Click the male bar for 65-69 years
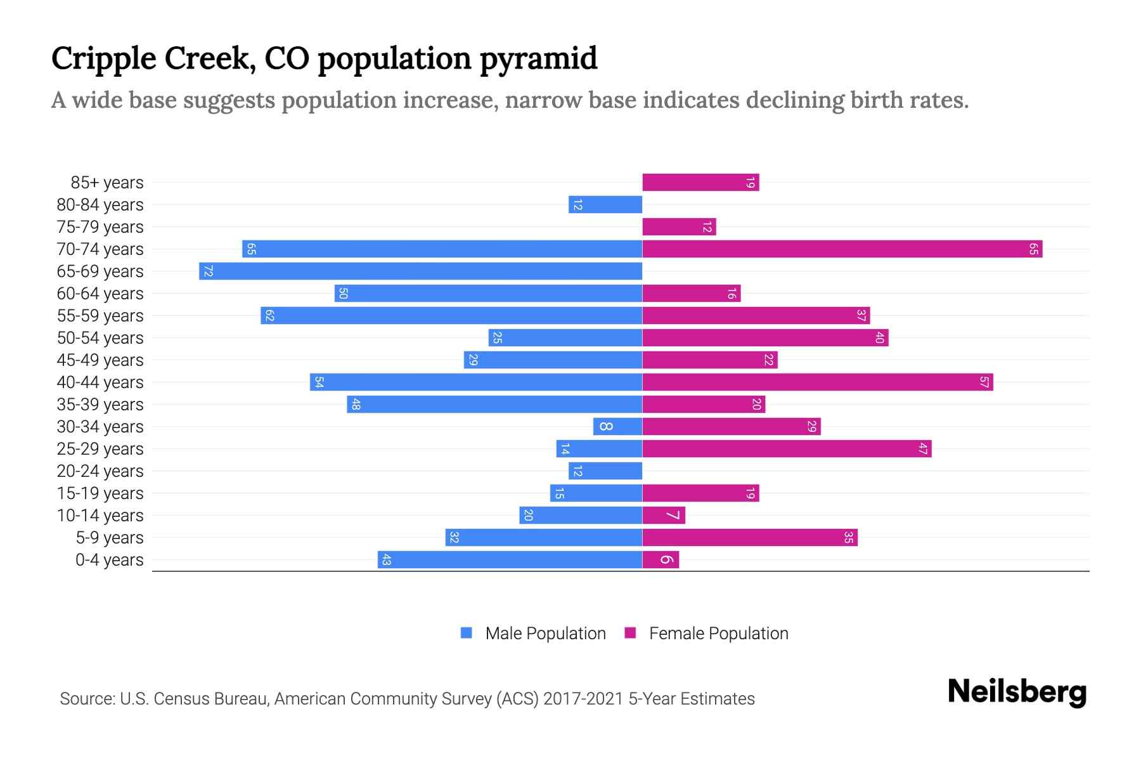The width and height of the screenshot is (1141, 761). click(420, 271)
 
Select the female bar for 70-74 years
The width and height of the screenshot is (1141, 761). click(842, 249)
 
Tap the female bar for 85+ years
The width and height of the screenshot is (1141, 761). click(700, 183)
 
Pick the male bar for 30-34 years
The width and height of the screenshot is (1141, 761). click(617, 427)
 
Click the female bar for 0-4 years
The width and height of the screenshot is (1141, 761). click(661, 560)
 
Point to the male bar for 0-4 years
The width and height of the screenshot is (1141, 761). click(510, 560)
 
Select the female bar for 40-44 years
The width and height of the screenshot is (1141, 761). click(818, 382)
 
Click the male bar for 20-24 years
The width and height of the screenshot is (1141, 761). click(605, 471)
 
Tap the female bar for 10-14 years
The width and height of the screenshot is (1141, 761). click(664, 516)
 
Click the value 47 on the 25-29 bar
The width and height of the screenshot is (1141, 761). click(923, 449)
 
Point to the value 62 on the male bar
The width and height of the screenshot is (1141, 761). click(269, 316)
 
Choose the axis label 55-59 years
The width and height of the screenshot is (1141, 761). click(100, 316)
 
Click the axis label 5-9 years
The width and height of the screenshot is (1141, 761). click(110, 538)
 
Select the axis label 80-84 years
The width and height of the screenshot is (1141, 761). click(100, 205)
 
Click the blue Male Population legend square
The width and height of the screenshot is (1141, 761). click(467, 633)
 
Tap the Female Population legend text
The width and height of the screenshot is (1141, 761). click(718, 634)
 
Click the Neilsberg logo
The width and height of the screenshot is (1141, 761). click(1017, 692)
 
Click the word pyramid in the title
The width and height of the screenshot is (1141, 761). click(538, 59)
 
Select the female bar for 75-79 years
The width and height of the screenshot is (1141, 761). click(679, 227)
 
